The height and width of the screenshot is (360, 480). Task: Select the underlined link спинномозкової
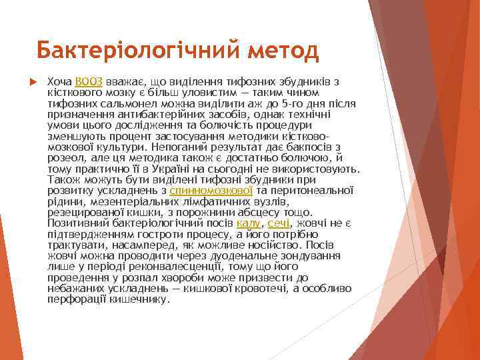point(211,190)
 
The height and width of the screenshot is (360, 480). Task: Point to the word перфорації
point(73,299)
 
